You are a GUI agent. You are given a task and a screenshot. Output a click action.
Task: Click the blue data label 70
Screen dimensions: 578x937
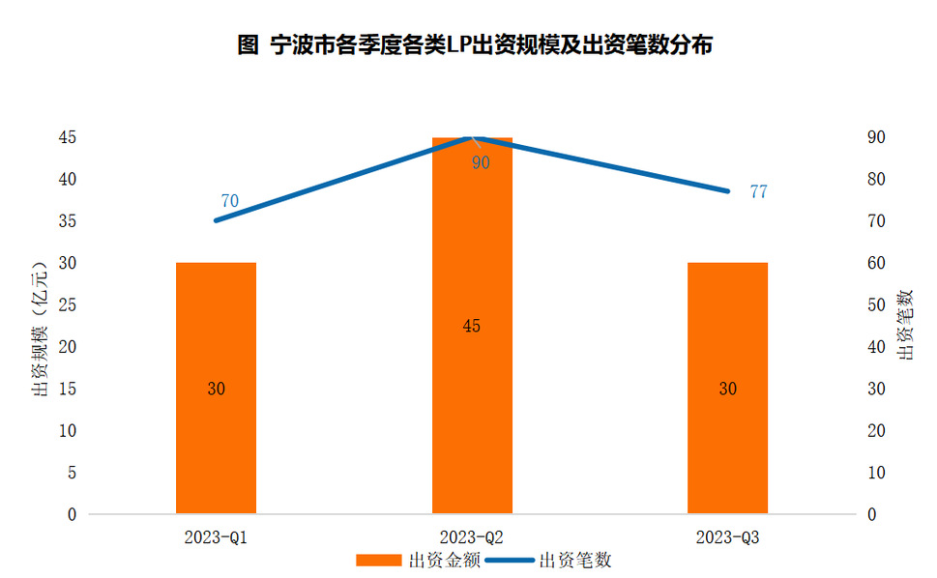point(229,201)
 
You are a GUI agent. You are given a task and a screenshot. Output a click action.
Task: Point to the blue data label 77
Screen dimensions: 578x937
point(758,191)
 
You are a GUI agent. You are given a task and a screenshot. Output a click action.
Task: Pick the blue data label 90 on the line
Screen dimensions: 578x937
point(481,162)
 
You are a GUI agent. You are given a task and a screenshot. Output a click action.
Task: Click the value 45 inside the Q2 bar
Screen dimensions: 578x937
point(471,326)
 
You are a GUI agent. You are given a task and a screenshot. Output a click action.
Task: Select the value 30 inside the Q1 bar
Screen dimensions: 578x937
point(216,389)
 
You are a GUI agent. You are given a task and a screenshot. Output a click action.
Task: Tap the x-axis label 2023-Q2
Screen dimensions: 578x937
point(471,535)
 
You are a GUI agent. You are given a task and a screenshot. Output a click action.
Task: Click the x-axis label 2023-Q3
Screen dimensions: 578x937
point(727,535)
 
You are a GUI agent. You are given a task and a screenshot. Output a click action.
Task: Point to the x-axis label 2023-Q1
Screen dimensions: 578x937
point(216,535)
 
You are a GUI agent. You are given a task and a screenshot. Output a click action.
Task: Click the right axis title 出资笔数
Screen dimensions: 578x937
point(906,325)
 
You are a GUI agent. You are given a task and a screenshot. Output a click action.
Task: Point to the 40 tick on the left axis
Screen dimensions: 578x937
point(68,180)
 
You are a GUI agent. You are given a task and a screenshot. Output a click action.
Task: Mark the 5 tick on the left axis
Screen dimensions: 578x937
point(73,473)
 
